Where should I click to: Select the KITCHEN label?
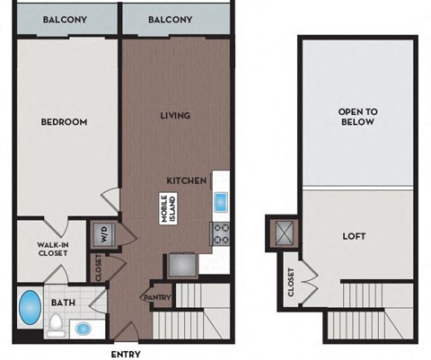click(x=188, y=180)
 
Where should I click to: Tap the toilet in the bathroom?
click(x=57, y=322)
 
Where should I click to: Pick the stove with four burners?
click(x=221, y=235)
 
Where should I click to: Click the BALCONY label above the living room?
click(x=171, y=19)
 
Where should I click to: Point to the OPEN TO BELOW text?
click(x=356, y=117)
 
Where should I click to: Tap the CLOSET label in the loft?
click(x=291, y=282)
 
